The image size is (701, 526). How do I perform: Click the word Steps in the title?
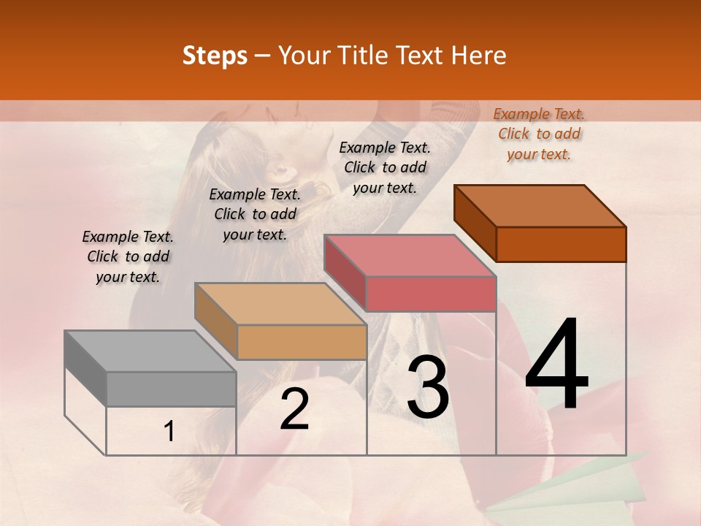click(x=215, y=56)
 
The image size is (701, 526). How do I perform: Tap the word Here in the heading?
click(x=479, y=56)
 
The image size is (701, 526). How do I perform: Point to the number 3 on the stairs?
click(x=428, y=387)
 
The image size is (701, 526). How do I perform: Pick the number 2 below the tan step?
click(x=294, y=409)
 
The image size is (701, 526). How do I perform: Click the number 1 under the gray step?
click(x=169, y=432)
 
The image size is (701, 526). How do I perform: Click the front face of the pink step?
click(x=431, y=294)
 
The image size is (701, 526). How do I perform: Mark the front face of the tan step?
click(x=302, y=342)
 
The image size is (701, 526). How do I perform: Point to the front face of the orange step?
click(x=561, y=244)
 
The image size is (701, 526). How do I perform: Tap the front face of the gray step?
click(x=171, y=389)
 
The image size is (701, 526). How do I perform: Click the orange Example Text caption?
click(x=539, y=134)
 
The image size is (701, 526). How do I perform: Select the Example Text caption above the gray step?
click(x=128, y=256)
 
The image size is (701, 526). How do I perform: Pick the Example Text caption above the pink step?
click(x=385, y=167)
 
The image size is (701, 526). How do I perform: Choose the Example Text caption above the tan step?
click(x=255, y=214)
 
